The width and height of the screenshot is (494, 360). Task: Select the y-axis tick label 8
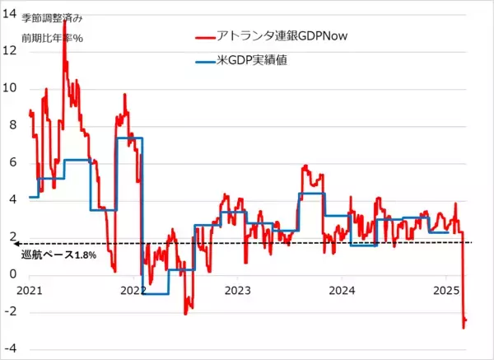pyautogui.click(x=11, y=125)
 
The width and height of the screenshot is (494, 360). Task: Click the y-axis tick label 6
pyautogui.click(x=11, y=163)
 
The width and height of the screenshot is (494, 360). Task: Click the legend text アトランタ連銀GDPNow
pyautogui.click(x=277, y=37)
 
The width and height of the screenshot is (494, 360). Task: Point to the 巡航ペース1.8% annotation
pyautogui.click(x=61, y=255)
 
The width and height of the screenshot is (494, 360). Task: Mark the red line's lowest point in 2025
pyautogui.click(x=463, y=328)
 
